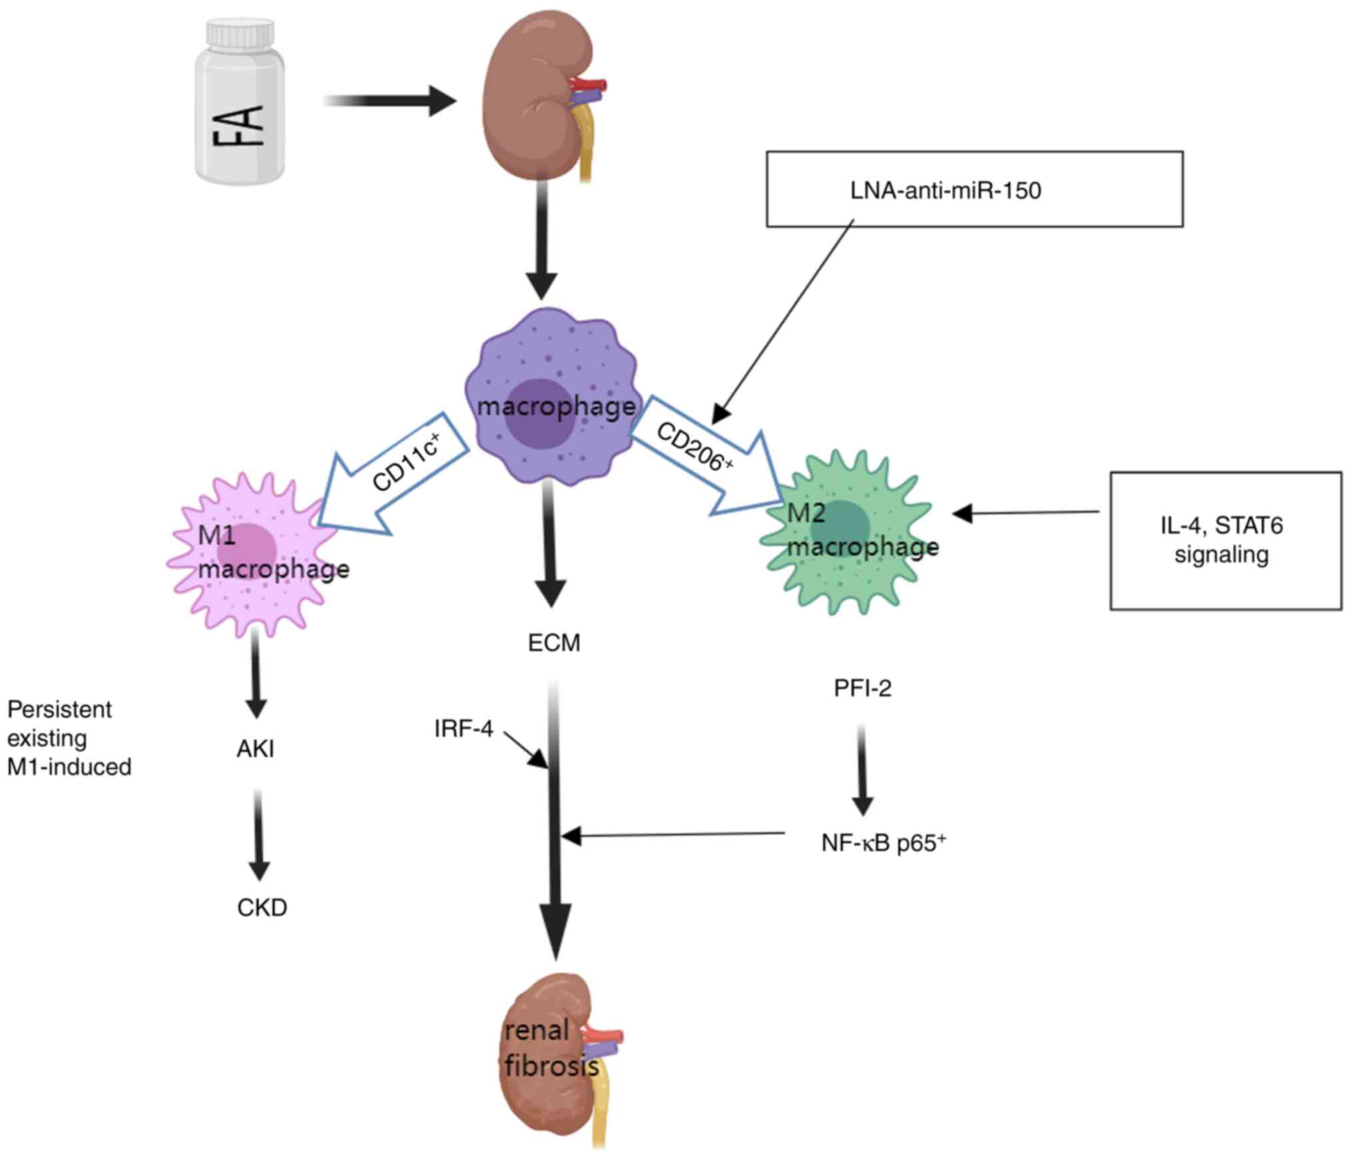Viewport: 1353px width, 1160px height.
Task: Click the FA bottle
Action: pos(240,113)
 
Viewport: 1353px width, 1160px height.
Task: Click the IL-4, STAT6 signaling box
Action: pos(1225,540)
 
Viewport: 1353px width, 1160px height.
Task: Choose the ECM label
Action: pos(554,643)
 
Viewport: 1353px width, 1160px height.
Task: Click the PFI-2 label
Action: pos(862,688)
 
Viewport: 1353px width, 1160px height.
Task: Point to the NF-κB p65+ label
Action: pos(883,843)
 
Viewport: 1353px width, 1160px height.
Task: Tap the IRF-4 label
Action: pos(463,729)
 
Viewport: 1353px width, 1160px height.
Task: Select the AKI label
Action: pos(256,749)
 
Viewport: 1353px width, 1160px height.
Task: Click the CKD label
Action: pos(262,908)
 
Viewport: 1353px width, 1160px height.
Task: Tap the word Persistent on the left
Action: pos(59,710)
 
